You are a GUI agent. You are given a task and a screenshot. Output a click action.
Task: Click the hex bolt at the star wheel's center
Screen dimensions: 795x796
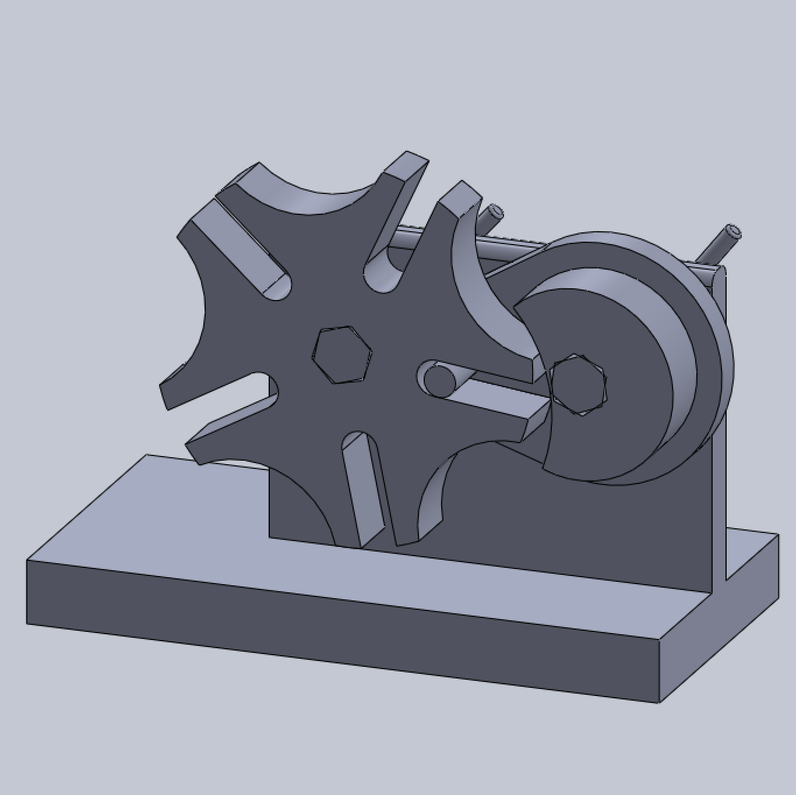pos(341,355)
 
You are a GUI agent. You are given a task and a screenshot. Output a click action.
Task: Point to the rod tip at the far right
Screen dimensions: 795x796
pos(731,234)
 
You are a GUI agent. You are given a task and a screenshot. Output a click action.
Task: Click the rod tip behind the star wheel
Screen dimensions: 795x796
pos(496,211)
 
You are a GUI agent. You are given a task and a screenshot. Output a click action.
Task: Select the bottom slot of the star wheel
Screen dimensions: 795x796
pos(364,489)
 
